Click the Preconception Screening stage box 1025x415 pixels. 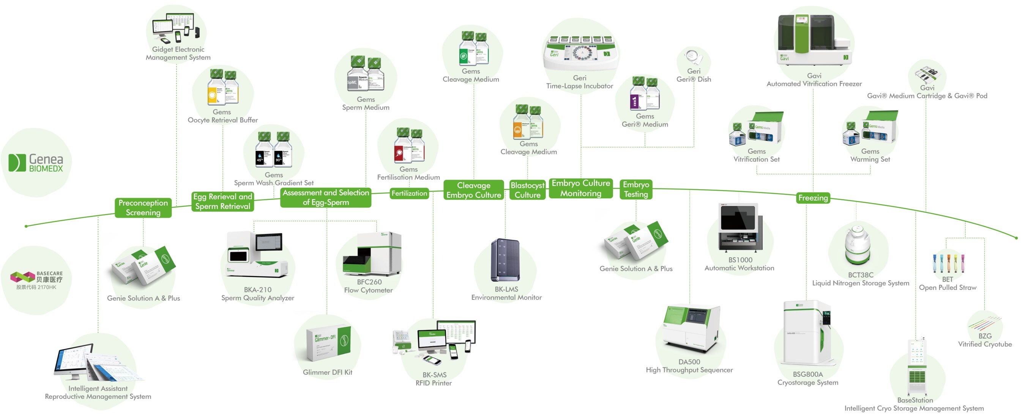(x=143, y=207)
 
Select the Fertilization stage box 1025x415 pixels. (x=409, y=193)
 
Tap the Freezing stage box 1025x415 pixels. (x=812, y=198)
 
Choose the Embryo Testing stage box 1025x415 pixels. (x=635, y=189)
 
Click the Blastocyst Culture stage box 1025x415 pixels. (x=527, y=190)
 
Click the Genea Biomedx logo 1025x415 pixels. (x=36, y=163)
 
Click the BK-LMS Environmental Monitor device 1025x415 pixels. (x=505, y=260)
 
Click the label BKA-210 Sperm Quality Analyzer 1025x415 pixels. (x=257, y=293)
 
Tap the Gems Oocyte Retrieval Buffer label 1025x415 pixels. (x=222, y=116)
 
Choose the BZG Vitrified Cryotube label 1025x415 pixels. (x=984, y=340)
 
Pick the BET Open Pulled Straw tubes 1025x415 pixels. (x=948, y=263)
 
